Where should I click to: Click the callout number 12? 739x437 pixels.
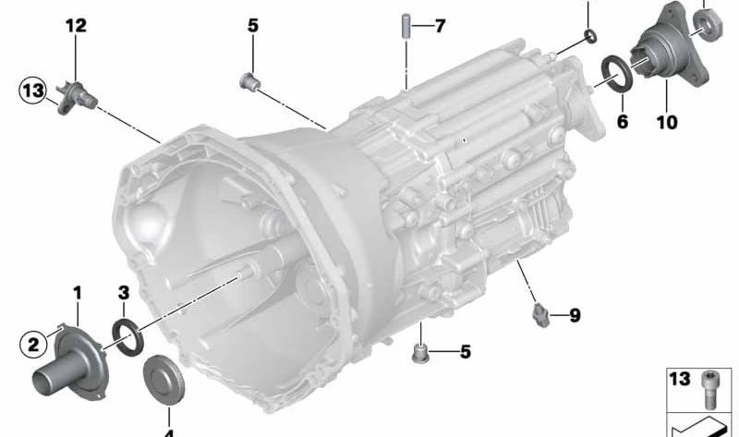[x=76, y=26]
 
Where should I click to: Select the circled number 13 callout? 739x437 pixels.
[x=32, y=91]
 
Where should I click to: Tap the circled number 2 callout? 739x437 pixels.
[x=33, y=345]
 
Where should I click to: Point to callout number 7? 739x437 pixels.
[x=440, y=26]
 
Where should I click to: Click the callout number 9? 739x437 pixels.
[x=575, y=315]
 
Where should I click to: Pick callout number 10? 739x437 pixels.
[x=667, y=122]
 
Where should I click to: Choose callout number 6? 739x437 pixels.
[x=623, y=122]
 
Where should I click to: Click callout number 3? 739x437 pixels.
[x=123, y=293]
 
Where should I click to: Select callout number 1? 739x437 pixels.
[x=78, y=293]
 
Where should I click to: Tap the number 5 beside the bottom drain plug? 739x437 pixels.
[x=466, y=352]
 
